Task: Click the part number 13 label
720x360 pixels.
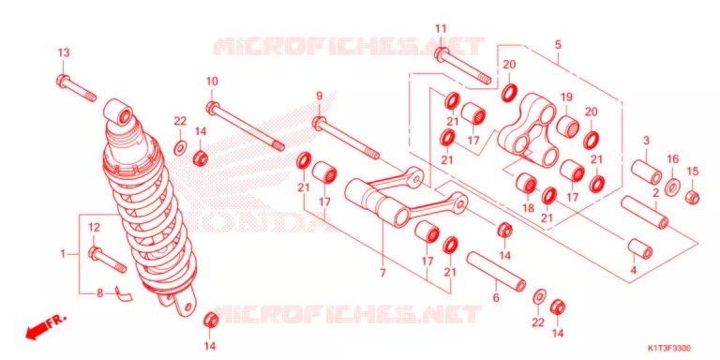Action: tap(64, 52)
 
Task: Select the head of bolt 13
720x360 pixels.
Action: tap(63, 81)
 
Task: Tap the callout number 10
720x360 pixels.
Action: tap(212, 82)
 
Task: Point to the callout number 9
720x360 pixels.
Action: tap(319, 96)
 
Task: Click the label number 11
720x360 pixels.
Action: tap(441, 29)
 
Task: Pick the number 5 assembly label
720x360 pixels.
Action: tap(558, 45)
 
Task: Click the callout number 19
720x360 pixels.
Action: tap(566, 97)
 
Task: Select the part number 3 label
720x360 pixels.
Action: tap(646, 141)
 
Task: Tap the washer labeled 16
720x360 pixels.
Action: tap(673, 187)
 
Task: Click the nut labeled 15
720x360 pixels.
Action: tap(693, 198)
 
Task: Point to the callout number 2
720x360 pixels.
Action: tap(655, 193)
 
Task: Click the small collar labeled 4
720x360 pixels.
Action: tap(640, 248)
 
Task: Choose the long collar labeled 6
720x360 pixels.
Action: tap(496, 271)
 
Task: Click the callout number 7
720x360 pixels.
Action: tap(382, 273)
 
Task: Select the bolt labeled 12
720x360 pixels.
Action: tap(108, 260)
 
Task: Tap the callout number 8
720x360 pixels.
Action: tap(99, 292)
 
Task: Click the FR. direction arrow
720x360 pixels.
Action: tap(44, 326)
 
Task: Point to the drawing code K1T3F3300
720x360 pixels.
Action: tap(669, 349)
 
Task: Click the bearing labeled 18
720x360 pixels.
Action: tap(526, 183)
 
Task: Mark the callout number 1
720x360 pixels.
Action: tap(64, 253)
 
